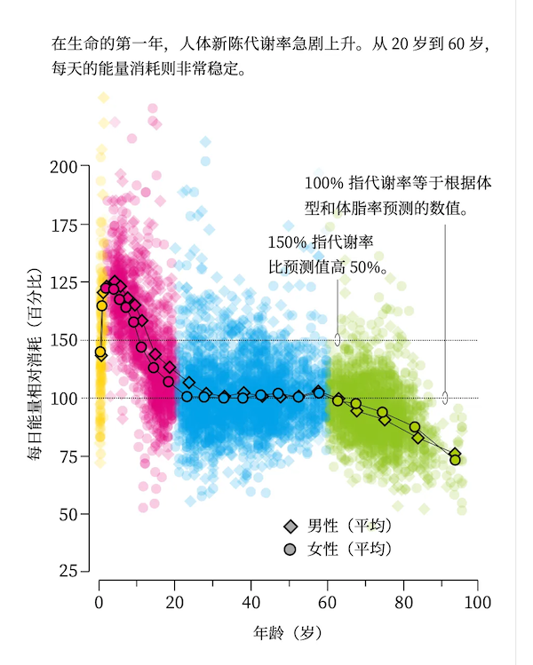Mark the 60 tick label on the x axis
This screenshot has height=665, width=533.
click(327, 601)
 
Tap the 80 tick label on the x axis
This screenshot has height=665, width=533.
click(402, 601)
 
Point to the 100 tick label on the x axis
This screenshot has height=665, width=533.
click(478, 601)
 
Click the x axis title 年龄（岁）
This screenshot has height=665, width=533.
click(288, 633)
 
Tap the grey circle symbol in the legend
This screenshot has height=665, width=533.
click(289, 550)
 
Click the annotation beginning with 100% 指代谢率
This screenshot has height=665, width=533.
click(398, 196)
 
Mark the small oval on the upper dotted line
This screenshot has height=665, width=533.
click(338, 339)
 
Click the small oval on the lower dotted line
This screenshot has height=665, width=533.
click(445, 398)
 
